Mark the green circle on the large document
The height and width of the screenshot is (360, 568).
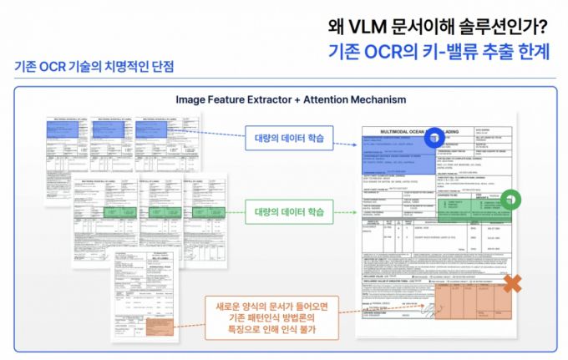[x=510, y=200]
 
